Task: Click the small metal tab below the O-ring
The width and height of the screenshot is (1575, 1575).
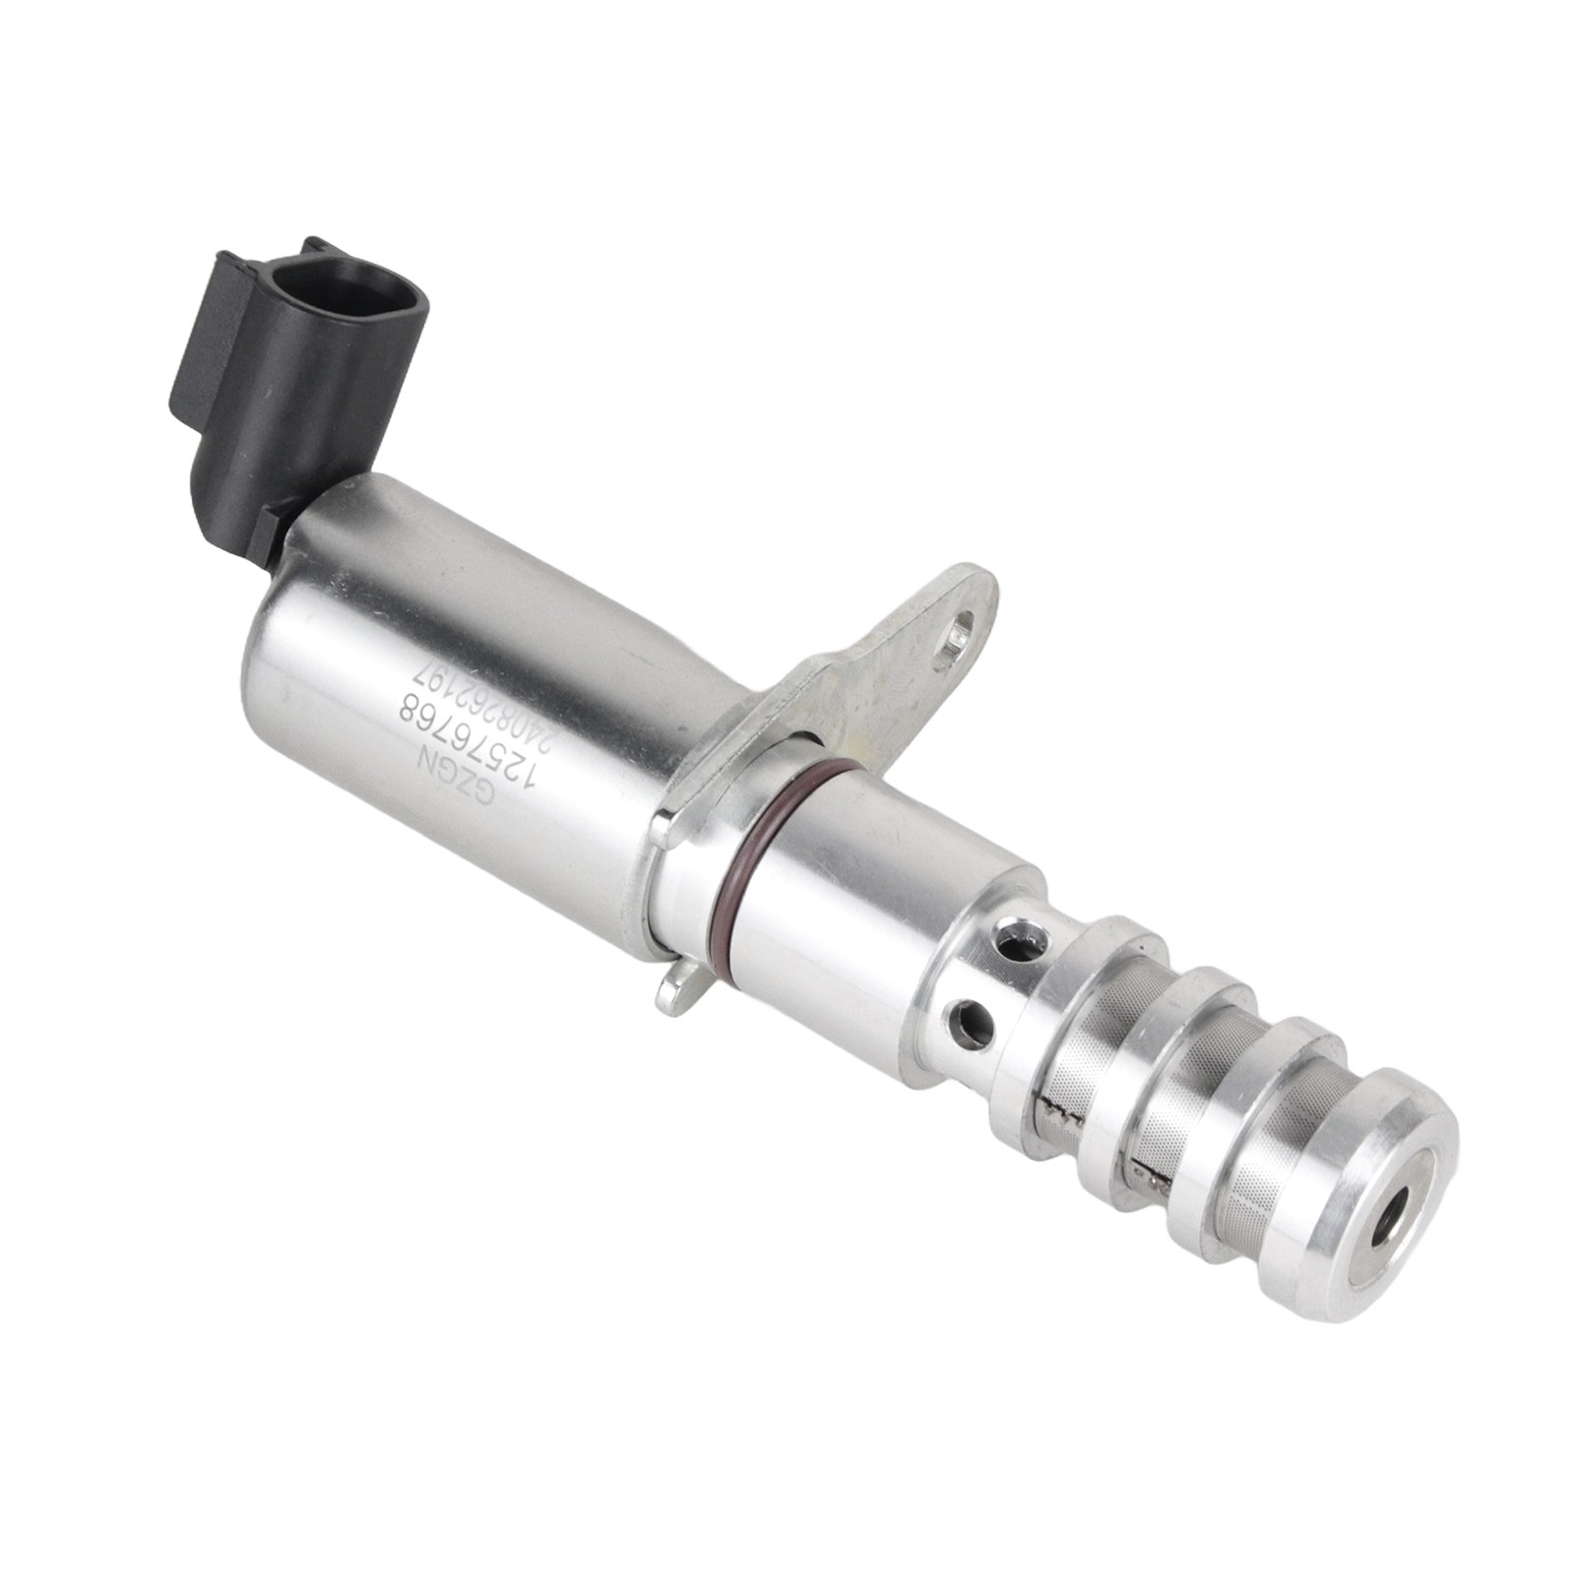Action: pos(677,989)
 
